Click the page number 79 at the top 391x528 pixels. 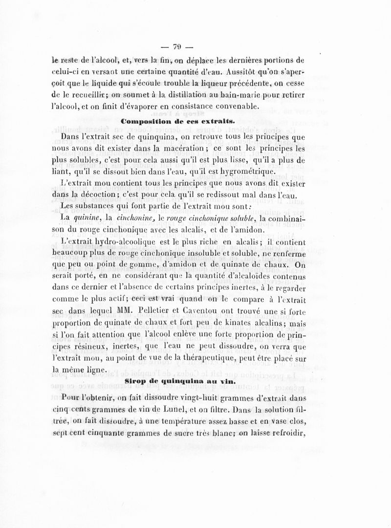point(177,47)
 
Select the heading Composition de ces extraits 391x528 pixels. point(178,120)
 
